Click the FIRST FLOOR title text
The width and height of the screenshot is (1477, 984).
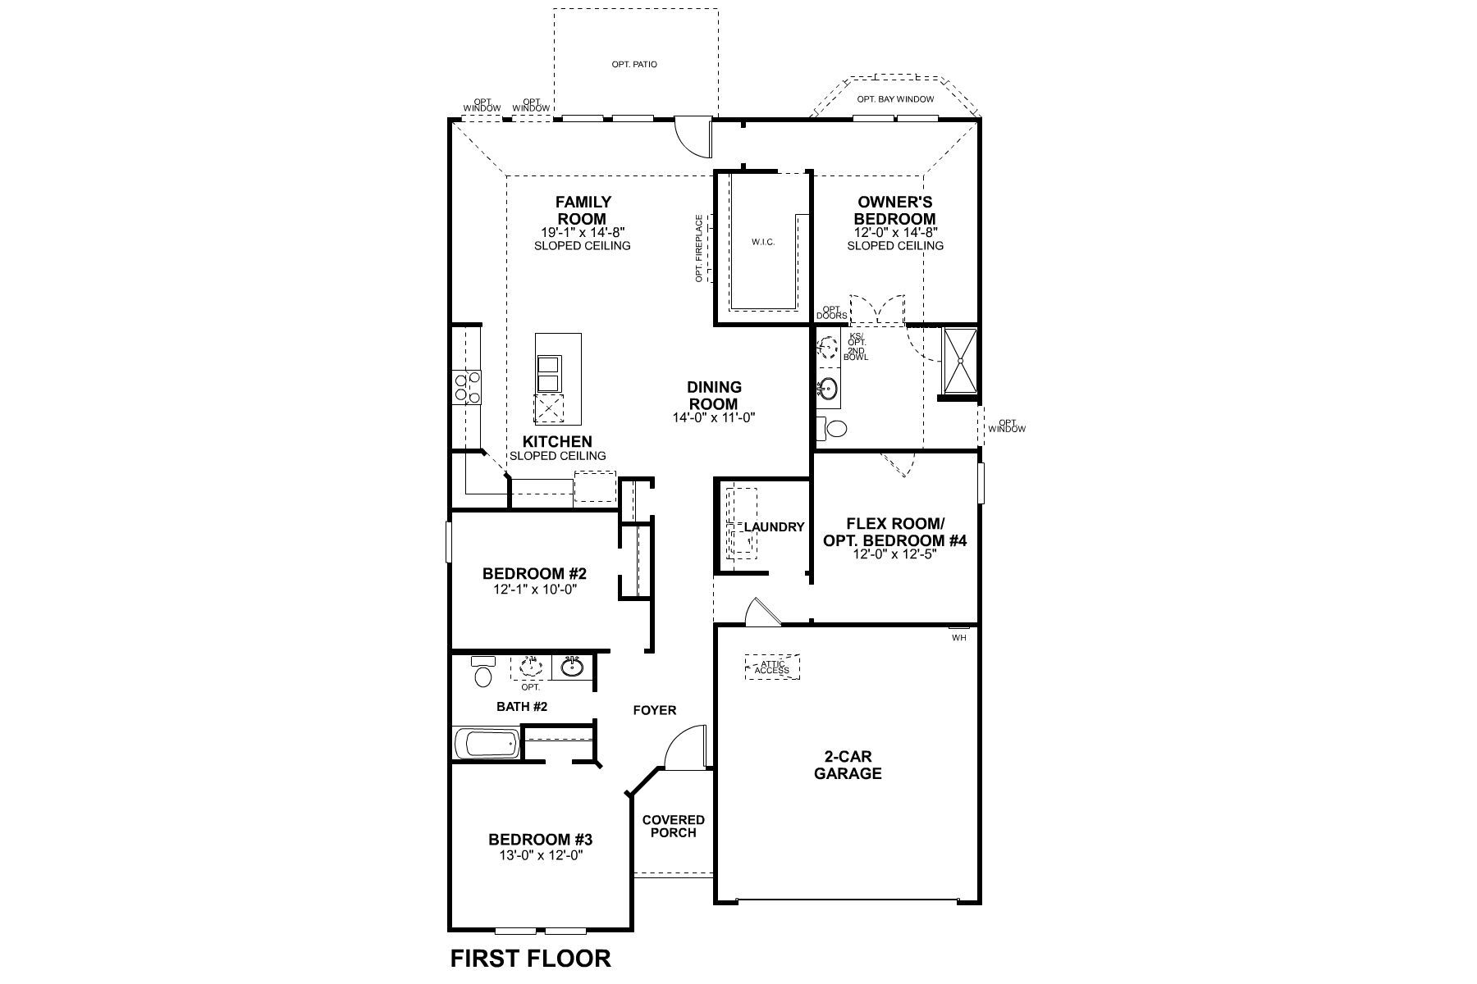click(x=530, y=959)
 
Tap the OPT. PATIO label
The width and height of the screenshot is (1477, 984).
click(x=634, y=64)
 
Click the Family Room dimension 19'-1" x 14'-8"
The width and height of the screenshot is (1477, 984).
click(x=582, y=233)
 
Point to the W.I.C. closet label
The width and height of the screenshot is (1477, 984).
click(x=762, y=242)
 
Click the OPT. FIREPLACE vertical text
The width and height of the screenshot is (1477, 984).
click(x=699, y=248)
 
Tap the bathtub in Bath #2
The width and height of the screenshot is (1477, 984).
click(x=487, y=745)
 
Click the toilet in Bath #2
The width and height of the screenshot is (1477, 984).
click(x=482, y=674)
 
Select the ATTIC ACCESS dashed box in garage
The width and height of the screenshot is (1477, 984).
click(x=771, y=667)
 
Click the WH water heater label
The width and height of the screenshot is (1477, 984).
click(x=958, y=637)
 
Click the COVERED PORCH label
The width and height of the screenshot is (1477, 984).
click(x=673, y=826)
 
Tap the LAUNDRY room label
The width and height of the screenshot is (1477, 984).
click(x=774, y=527)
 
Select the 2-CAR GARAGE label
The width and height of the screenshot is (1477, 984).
click(x=848, y=765)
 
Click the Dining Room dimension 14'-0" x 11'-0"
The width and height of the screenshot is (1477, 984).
click(x=714, y=417)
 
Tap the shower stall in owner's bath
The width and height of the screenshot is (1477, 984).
click(x=958, y=360)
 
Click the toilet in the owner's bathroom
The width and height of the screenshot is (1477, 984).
click(x=834, y=429)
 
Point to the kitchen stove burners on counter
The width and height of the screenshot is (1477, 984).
click(x=468, y=387)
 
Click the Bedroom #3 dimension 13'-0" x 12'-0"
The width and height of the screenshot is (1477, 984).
click(x=540, y=854)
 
